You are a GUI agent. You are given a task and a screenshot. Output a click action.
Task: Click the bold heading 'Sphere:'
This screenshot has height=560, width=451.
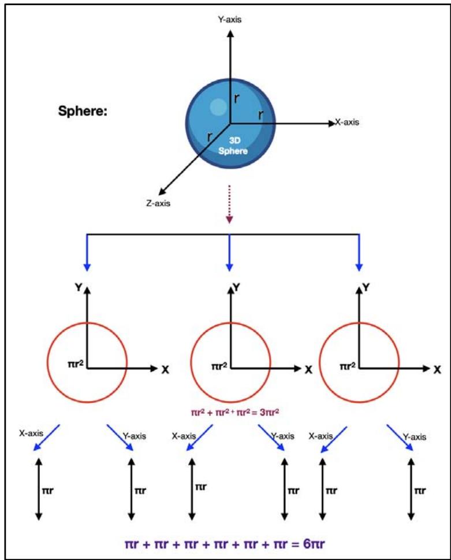click(x=83, y=111)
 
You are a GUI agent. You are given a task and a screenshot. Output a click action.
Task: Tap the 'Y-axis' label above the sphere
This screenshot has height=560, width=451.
click(x=230, y=20)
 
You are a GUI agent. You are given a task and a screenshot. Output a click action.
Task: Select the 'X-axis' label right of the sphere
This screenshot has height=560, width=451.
click(x=346, y=123)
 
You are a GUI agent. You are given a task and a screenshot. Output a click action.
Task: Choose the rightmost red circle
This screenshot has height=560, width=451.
click(x=359, y=362)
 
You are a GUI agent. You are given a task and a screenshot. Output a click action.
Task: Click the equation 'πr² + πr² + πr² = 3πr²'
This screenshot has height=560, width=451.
click(x=231, y=413)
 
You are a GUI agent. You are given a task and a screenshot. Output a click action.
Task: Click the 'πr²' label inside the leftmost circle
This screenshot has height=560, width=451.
click(x=76, y=365)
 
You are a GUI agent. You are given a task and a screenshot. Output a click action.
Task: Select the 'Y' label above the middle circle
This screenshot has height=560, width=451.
click(x=235, y=285)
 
